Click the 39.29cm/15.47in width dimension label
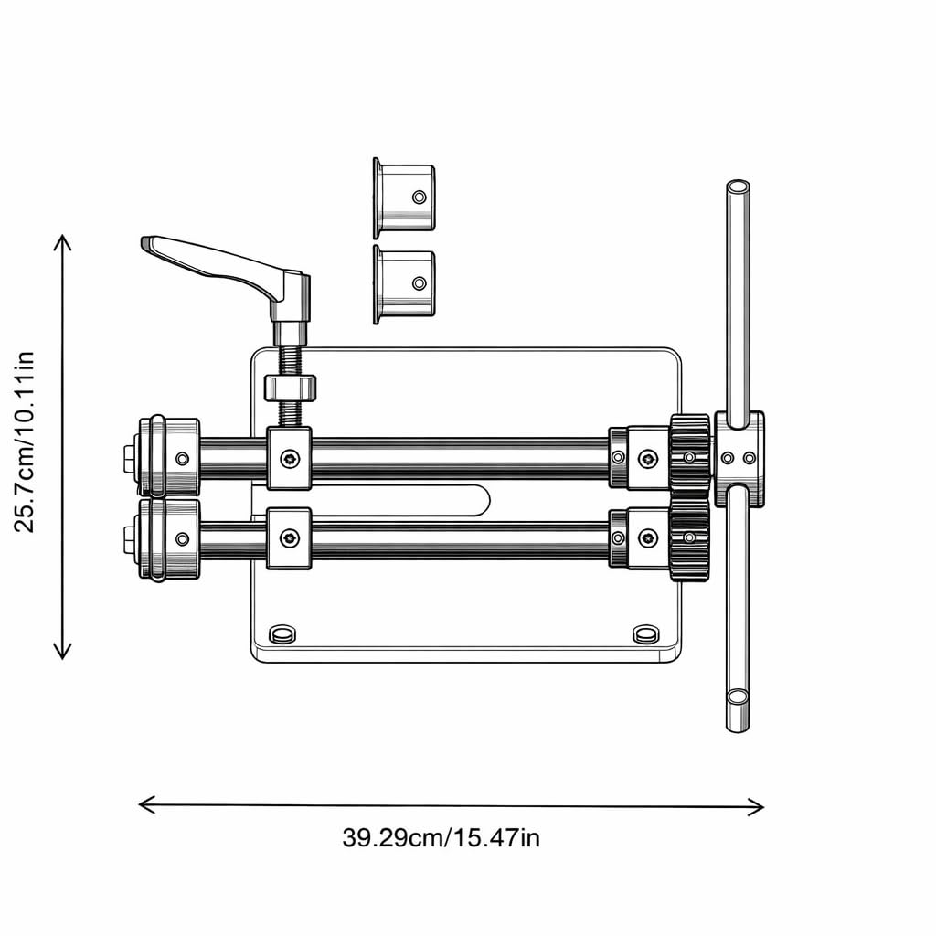[441, 837]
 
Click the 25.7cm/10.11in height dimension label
[25, 441]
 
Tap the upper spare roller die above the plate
[404, 198]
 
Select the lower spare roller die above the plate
[404, 284]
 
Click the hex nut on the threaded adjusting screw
[290, 388]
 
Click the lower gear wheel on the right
[690, 538]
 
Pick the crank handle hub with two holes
[739, 459]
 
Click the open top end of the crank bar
[738, 186]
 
